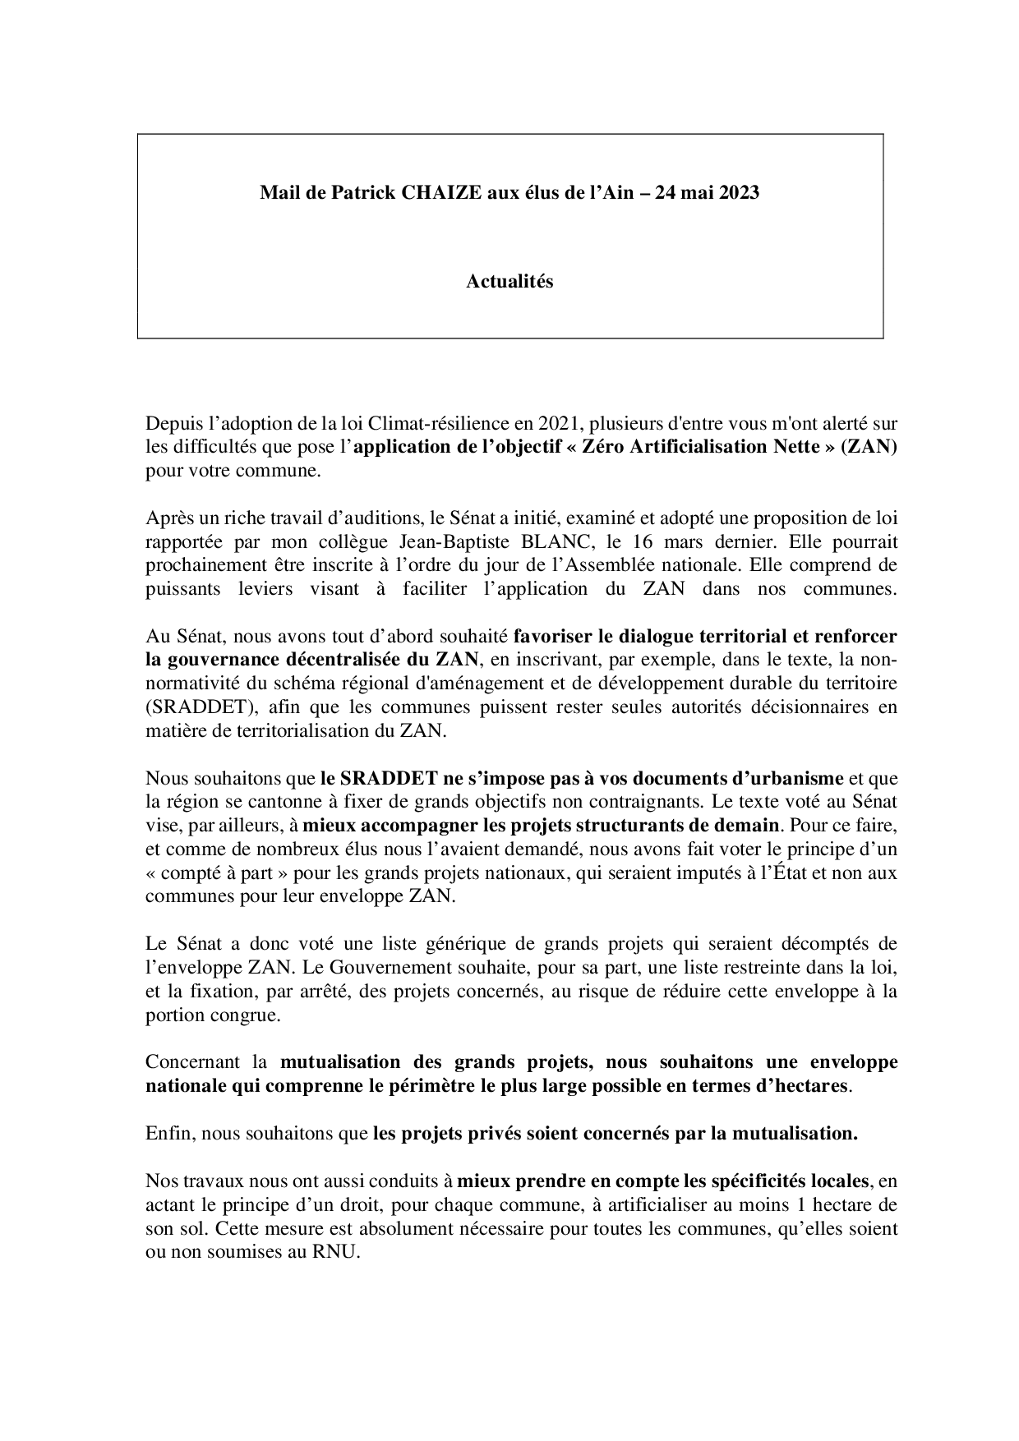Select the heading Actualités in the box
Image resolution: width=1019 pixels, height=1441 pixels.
click(x=509, y=282)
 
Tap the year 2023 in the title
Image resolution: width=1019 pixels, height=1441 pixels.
click(x=735, y=193)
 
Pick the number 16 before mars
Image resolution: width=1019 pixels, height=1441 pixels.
click(x=640, y=542)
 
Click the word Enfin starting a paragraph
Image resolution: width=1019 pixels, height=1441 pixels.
click(x=167, y=1134)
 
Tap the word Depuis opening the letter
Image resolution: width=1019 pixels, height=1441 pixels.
click(x=171, y=424)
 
